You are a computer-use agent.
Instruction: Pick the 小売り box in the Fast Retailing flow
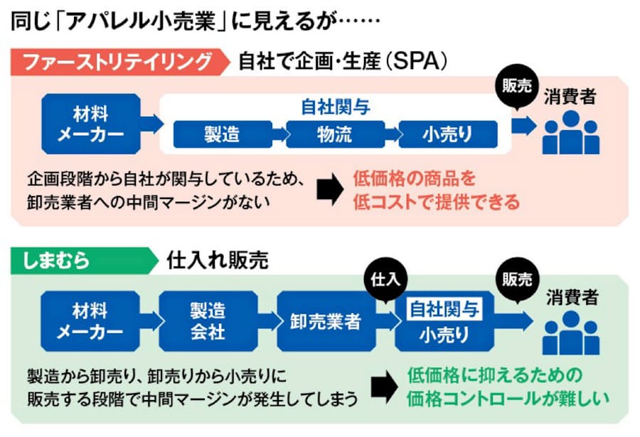point(447,134)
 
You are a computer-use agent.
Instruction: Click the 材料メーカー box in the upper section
point(90,124)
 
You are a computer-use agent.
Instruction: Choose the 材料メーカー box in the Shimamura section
point(90,320)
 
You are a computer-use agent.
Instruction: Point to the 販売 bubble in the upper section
point(516,87)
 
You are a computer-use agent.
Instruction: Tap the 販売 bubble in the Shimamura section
point(516,279)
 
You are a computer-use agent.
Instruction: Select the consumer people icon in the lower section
point(570,333)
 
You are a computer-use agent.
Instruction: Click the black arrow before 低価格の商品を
point(329,189)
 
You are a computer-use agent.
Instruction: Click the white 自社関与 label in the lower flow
point(445,309)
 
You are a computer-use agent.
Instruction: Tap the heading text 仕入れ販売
point(217,261)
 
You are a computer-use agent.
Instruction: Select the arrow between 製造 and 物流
point(277,134)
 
